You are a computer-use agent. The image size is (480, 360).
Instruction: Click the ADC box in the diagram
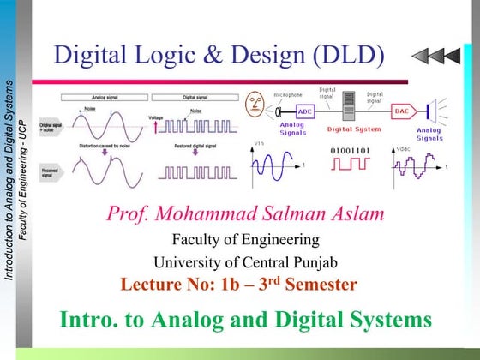point(305,111)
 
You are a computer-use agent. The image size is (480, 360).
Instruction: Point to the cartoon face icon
point(255,108)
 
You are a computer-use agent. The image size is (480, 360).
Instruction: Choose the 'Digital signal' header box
point(198,98)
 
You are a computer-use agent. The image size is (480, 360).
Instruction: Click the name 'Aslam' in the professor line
point(354,213)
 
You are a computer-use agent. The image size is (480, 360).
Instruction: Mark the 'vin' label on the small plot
point(258,144)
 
